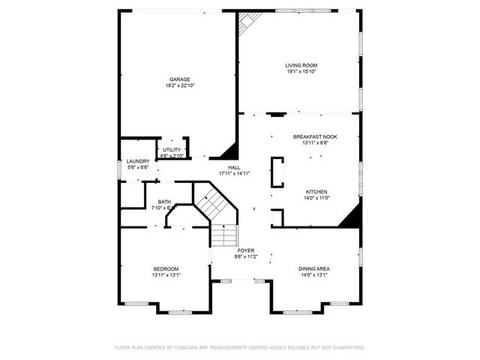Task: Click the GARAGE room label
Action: [179, 79]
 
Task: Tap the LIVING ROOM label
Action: [301, 65]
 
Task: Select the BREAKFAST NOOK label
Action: [315, 136]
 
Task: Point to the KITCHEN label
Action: [316, 191]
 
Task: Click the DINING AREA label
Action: [314, 268]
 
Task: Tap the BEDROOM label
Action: [166, 268]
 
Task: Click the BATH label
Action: [164, 202]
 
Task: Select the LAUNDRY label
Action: [138, 161]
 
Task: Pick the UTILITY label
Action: [172, 150]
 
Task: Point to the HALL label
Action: [234, 167]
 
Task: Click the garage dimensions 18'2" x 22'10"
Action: [179, 85]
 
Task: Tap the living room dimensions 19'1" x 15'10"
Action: [301, 72]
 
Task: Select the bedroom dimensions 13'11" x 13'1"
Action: [166, 275]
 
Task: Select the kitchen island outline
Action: [277, 172]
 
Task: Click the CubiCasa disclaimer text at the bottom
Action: [240, 347]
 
